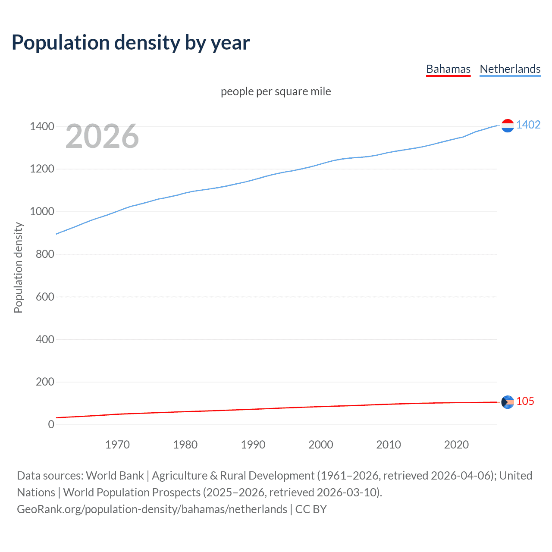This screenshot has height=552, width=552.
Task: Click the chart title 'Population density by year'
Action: pos(131,43)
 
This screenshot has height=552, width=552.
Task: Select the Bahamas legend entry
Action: pos(448,69)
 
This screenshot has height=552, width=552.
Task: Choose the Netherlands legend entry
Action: pos(510,69)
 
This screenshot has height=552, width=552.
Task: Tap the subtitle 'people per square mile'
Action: pos(276,91)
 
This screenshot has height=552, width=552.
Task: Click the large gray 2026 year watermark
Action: pos(102,136)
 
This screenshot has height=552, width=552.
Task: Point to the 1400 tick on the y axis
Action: pos(42,126)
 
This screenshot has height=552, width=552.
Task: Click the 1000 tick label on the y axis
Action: pos(42,211)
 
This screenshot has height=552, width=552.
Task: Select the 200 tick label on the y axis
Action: pos(45,382)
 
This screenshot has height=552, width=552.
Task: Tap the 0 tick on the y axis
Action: pos(51,424)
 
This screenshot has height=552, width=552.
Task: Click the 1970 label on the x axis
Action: pos(117,445)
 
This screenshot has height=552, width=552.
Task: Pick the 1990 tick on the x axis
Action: pos(253,445)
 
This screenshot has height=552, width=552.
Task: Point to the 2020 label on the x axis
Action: pos(456,445)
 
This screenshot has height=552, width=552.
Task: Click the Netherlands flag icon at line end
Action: pos(508,125)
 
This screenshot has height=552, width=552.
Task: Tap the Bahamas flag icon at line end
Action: pos(508,402)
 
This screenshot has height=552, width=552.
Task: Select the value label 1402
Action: pos(528,125)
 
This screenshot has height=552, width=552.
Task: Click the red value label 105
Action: pos(525,401)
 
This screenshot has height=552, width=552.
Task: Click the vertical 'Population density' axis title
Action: pos(18,267)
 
